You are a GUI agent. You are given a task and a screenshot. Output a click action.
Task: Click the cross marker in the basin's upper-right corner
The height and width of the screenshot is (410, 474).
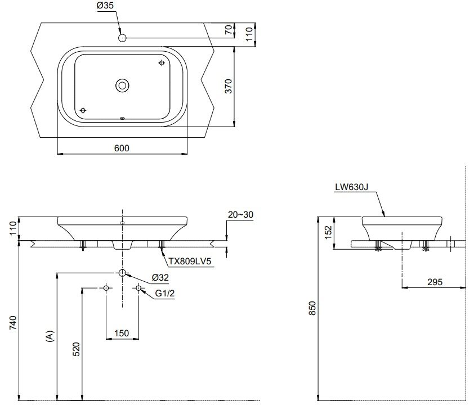162,63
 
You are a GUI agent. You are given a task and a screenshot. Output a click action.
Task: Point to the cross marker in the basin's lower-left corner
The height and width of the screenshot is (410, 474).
83,110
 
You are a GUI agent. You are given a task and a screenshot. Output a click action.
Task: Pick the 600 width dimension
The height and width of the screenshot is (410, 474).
122,148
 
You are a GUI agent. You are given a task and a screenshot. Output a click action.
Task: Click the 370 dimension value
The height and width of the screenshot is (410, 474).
229,86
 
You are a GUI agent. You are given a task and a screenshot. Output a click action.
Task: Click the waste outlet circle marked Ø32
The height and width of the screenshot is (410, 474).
122,273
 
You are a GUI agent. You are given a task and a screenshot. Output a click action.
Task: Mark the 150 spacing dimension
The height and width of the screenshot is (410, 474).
122,334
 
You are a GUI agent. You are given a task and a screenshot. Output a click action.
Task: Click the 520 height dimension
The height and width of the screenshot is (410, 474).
77,350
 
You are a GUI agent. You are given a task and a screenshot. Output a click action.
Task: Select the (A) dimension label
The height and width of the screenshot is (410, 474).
50,336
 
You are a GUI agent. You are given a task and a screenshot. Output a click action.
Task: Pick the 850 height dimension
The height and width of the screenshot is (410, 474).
313,309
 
